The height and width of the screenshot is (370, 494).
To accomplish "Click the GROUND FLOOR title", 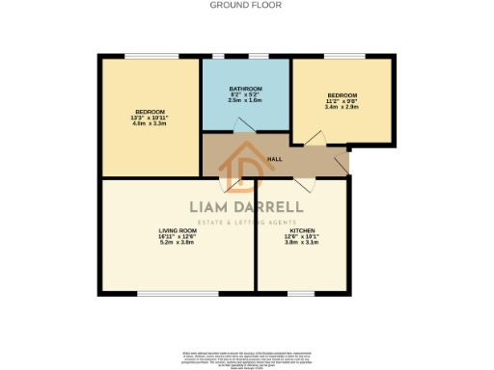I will pos(247,5).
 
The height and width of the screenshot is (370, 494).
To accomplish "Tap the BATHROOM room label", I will pos(246,88).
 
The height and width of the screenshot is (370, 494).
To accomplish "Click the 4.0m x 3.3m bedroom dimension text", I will pos(150,122).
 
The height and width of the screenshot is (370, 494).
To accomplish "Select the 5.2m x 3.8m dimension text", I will pos(178,242).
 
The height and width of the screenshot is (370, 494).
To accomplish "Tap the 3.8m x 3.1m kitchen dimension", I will pos(300,242).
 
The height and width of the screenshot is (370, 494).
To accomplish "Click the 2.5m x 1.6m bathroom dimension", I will pos(246,99).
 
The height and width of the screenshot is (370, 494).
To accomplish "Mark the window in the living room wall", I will pos(163,292).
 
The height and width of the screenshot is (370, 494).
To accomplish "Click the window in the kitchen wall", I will pos(300,292).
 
